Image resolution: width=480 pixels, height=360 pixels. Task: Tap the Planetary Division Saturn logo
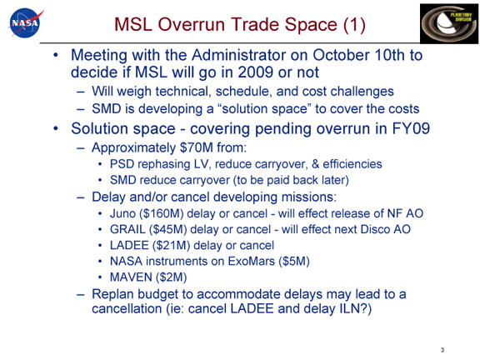click(x=449, y=24)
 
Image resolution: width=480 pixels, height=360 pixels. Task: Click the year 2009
click(x=255, y=72)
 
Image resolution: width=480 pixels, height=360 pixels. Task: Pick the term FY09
click(x=411, y=128)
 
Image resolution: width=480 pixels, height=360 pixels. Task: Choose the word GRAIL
click(x=127, y=229)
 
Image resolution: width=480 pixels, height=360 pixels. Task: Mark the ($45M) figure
click(x=168, y=229)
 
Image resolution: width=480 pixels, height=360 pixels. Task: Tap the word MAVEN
click(x=131, y=277)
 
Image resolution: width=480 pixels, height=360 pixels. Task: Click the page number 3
click(x=442, y=350)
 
